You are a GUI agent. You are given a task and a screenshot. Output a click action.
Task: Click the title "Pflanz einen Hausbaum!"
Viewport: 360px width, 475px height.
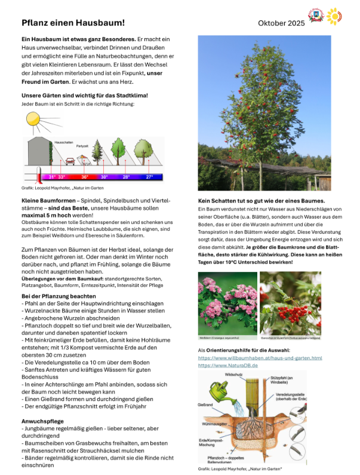73,23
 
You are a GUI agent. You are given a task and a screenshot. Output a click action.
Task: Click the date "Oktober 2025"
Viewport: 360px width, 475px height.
281,23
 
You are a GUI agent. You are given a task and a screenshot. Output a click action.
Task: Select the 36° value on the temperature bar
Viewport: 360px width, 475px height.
85,177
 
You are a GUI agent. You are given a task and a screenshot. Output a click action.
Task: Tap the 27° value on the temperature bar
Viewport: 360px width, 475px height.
150,177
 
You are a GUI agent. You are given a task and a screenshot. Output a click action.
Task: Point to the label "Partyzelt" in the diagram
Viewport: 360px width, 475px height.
82,146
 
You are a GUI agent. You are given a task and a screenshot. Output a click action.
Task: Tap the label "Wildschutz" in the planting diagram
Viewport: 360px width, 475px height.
233,374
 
